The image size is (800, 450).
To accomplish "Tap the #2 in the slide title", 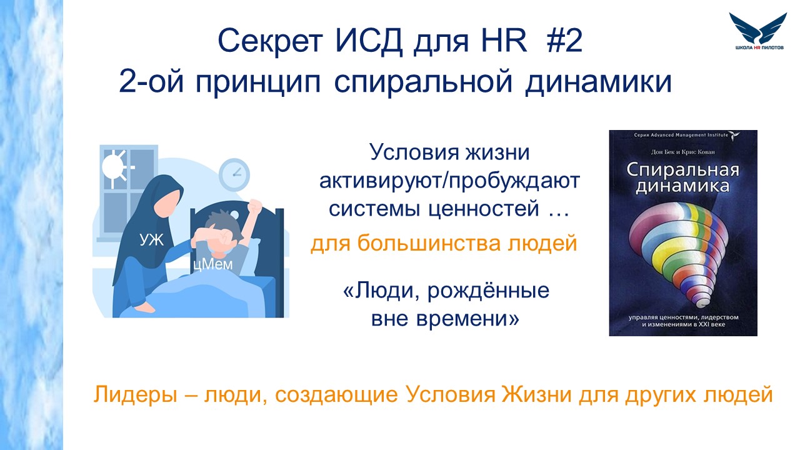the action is point(564,41).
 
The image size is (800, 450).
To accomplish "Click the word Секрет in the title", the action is point(271,41).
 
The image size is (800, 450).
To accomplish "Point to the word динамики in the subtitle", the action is point(599,82).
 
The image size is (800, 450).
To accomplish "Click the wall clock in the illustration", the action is point(234,174).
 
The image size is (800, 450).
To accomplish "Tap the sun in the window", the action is point(114,167).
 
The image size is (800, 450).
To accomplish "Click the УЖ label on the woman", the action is point(152,239).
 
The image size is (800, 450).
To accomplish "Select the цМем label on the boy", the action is point(212,264).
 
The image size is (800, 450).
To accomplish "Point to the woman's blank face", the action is point(168,203).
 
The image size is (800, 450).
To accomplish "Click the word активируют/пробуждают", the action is point(449,181).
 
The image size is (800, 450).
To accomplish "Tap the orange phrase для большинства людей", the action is point(444,244).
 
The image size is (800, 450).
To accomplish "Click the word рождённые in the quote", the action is point(488,290).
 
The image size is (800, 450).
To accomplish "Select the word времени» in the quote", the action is point(468,318).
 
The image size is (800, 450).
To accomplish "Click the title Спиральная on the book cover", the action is point(682,171).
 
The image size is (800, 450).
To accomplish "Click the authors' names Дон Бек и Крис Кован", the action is point(683,152).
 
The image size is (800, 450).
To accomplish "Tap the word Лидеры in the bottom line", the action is point(135,394).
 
